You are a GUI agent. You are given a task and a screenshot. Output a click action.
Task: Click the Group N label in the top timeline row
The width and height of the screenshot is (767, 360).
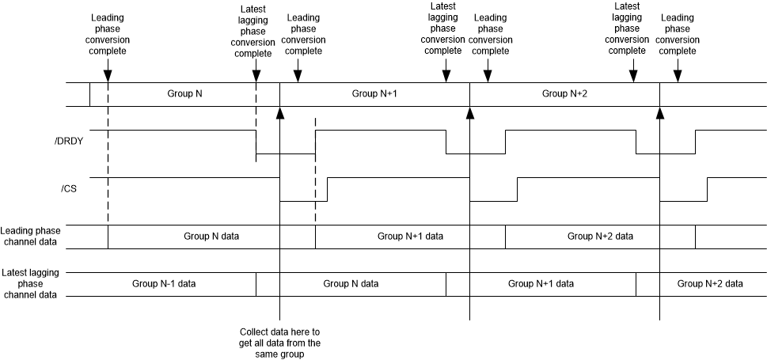coord(184,93)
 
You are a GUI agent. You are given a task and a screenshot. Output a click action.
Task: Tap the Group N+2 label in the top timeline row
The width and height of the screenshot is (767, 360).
coord(564,93)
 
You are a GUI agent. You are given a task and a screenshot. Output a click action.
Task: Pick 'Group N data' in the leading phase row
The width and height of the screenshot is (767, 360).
coord(211,236)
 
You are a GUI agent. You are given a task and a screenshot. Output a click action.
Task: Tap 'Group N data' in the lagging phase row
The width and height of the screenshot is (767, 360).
coord(351,283)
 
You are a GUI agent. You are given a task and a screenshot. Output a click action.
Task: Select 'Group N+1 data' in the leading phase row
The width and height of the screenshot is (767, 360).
coord(410,236)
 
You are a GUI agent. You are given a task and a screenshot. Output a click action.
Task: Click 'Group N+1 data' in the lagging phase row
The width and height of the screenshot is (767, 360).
coord(541,283)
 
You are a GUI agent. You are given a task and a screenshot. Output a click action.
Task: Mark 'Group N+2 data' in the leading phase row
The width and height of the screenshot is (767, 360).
coord(601,236)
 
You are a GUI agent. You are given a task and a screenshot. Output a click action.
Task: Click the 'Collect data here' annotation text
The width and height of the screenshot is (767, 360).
coord(279,343)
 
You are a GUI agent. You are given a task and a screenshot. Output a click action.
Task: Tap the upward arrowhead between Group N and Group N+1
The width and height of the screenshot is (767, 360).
coord(279,112)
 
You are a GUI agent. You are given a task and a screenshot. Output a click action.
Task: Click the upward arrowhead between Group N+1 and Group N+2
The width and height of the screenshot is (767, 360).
coord(470,112)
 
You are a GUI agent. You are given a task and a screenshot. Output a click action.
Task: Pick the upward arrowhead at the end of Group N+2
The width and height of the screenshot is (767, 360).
coord(660,112)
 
